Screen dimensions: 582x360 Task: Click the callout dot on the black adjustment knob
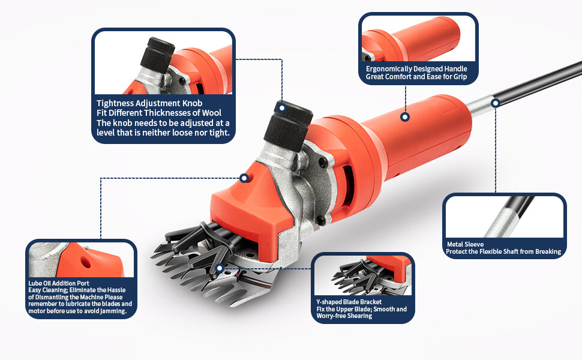pyautogui.click(x=282, y=108)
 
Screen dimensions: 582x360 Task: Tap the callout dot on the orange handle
pyautogui.click(x=405, y=117)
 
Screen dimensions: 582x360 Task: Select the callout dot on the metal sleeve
pyautogui.click(x=496, y=103)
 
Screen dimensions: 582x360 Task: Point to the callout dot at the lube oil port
pyautogui.click(x=244, y=178)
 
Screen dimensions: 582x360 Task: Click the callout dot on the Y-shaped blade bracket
pyautogui.click(x=220, y=268)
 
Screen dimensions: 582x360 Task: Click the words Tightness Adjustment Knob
pyautogui.click(x=149, y=103)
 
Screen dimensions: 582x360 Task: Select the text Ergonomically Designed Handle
pyautogui.click(x=416, y=68)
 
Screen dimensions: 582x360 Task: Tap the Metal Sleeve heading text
pyautogui.click(x=465, y=244)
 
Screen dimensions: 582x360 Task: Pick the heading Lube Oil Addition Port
pyautogui.click(x=59, y=283)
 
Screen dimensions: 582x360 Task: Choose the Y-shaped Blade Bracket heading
pyautogui.click(x=349, y=302)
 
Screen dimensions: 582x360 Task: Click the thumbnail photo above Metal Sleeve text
pyautogui.click(x=505, y=217)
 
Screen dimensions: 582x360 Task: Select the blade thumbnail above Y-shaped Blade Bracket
pyautogui.click(x=362, y=275)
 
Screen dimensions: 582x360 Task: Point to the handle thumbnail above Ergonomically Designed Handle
pyautogui.click(x=418, y=38)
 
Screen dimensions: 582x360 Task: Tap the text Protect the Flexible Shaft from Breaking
pyautogui.click(x=503, y=251)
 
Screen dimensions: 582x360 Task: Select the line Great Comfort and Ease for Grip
pyautogui.click(x=416, y=77)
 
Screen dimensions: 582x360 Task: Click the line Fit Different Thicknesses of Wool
pyautogui.click(x=159, y=113)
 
